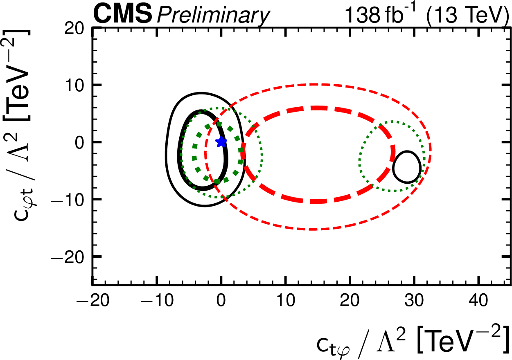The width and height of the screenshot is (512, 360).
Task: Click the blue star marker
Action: point(221,142)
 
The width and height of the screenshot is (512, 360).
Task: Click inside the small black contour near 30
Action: point(406,167)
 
